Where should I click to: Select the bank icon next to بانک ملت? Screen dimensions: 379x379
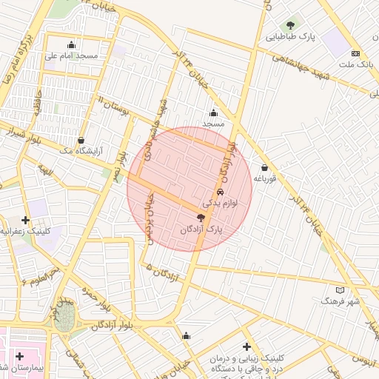(x=355, y=53)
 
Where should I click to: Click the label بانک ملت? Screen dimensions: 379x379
(x=355, y=65)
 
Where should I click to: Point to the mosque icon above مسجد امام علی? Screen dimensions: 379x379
(x=71, y=44)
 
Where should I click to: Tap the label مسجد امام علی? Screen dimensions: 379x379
(x=71, y=56)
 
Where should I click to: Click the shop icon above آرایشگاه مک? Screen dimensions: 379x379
(x=81, y=140)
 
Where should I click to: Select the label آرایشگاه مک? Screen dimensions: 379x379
(x=79, y=151)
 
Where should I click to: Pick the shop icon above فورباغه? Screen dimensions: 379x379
(x=264, y=167)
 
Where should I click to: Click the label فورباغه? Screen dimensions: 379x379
(x=264, y=178)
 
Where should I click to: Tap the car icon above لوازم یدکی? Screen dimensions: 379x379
(x=220, y=191)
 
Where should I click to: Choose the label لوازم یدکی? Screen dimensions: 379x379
(x=219, y=202)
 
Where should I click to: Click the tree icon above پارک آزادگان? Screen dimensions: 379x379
(x=201, y=218)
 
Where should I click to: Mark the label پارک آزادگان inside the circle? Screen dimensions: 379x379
(x=201, y=229)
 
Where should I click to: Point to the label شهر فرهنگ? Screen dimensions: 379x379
(x=340, y=301)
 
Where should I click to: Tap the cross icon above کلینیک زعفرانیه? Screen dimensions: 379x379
(x=25, y=220)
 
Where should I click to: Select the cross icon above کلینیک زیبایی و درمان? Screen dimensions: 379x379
(x=246, y=346)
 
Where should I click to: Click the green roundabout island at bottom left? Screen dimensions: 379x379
(x=64, y=319)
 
